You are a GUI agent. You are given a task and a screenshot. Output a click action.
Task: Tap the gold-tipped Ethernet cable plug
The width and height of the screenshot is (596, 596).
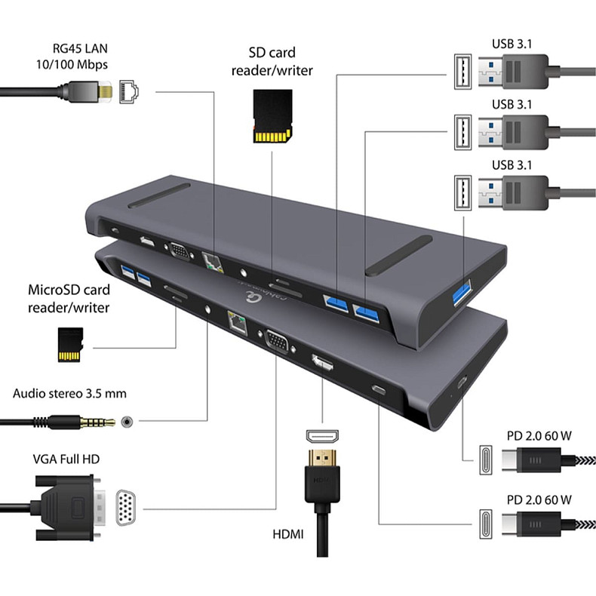(108, 92)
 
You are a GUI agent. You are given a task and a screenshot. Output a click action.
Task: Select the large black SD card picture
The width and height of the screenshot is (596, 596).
(272, 117)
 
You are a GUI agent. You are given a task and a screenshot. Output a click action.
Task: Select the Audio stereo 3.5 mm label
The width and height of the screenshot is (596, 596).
(69, 394)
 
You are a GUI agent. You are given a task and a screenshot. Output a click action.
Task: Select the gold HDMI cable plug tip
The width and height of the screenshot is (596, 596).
(321, 456)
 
